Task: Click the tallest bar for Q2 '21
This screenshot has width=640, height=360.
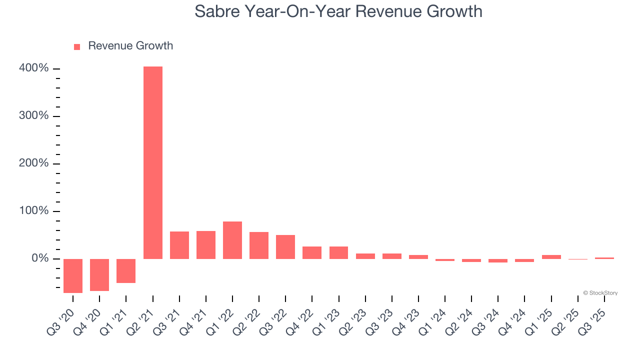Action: pyautogui.click(x=153, y=162)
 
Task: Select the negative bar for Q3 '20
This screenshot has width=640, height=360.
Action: pyautogui.click(x=73, y=275)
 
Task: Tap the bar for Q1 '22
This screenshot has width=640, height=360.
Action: pyautogui.click(x=232, y=240)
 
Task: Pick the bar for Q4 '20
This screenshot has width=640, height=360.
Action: pyautogui.click(x=99, y=274)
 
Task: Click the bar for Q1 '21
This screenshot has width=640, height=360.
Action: pyautogui.click(x=126, y=270)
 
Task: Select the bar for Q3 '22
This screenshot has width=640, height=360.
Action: pyautogui.click(x=285, y=246)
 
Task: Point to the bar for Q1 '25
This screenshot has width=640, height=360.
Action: pyautogui.click(x=551, y=256)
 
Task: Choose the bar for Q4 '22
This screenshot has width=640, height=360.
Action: pyautogui.click(x=312, y=252)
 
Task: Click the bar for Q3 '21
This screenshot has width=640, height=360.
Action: pyautogui.click(x=179, y=245)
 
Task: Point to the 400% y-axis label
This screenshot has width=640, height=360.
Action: pyautogui.click(x=34, y=68)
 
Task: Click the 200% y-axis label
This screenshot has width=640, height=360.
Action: pyautogui.click(x=34, y=163)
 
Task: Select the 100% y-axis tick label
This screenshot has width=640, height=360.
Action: pyautogui.click(x=34, y=211)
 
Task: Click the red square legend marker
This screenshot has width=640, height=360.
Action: pyautogui.click(x=77, y=47)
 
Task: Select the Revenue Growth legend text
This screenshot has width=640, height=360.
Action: pyautogui.click(x=130, y=46)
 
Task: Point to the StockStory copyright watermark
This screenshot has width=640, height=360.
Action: pyautogui.click(x=600, y=293)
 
